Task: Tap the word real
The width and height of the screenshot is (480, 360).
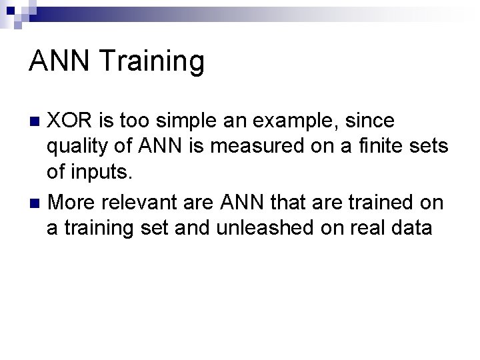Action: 361,227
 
